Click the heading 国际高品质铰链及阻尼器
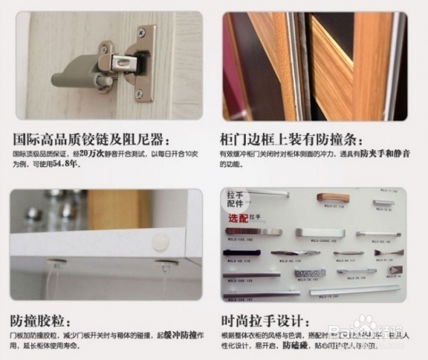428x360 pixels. point(90,141)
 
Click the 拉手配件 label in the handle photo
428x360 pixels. point(236,201)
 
